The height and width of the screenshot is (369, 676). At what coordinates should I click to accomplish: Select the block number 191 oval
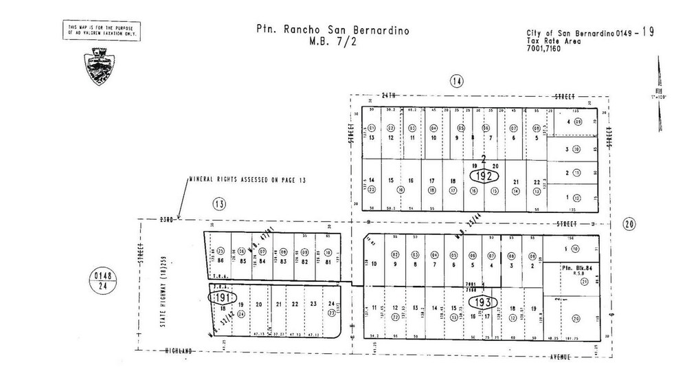click(221, 299)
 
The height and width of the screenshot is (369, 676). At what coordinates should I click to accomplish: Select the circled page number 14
click(457, 82)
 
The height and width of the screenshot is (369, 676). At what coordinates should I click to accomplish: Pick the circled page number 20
click(629, 223)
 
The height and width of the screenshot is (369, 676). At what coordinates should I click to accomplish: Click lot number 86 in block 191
click(221, 261)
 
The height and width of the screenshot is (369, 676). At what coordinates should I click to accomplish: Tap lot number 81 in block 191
click(328, 261)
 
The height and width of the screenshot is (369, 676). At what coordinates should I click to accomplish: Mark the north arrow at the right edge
click(660, 96)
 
